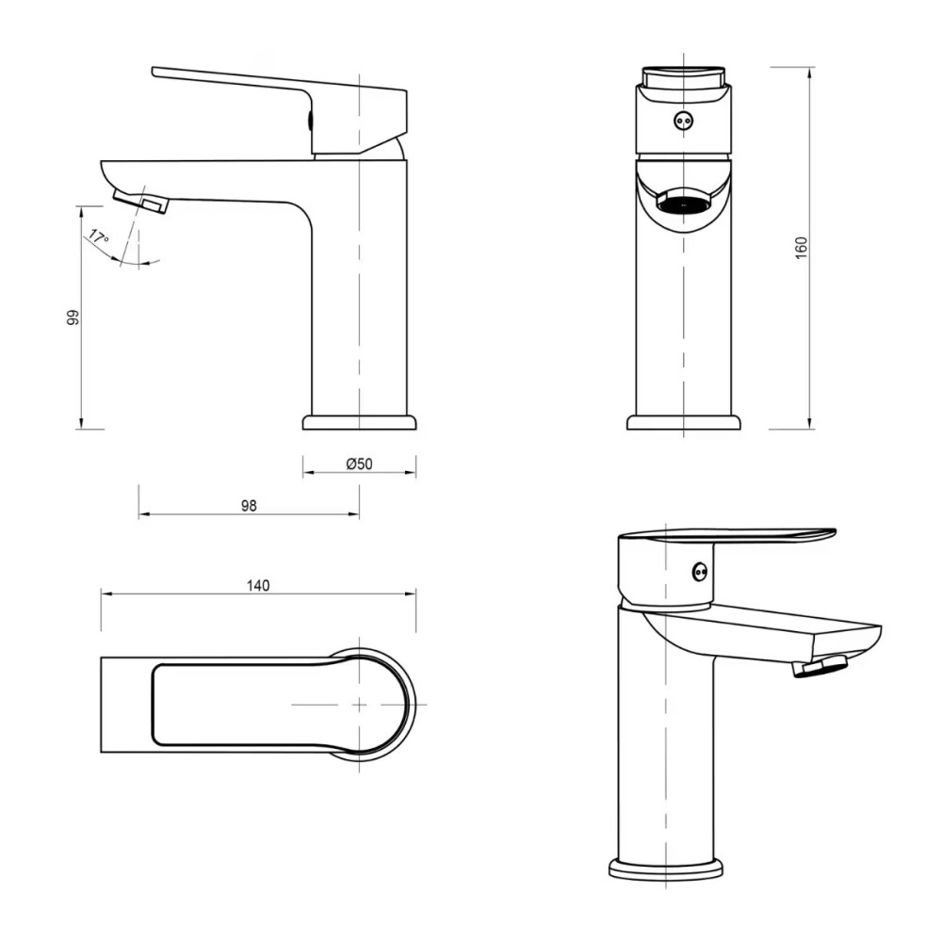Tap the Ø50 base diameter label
(x=360, y=463)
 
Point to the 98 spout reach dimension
(x=249, y=506)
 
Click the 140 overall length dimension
(x=258, y=585)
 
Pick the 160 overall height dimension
(x=802, y=248)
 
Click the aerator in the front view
(x=684, y=201)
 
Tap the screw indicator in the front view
(x=684, y=121)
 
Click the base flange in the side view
(x=359, y=421)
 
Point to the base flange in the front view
(x=683, y=422)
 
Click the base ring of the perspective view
(x=666, y=868)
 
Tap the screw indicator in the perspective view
(x=699, y=571)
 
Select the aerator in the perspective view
(x=820, y=667)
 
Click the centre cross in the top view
(x=359, y=705)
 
